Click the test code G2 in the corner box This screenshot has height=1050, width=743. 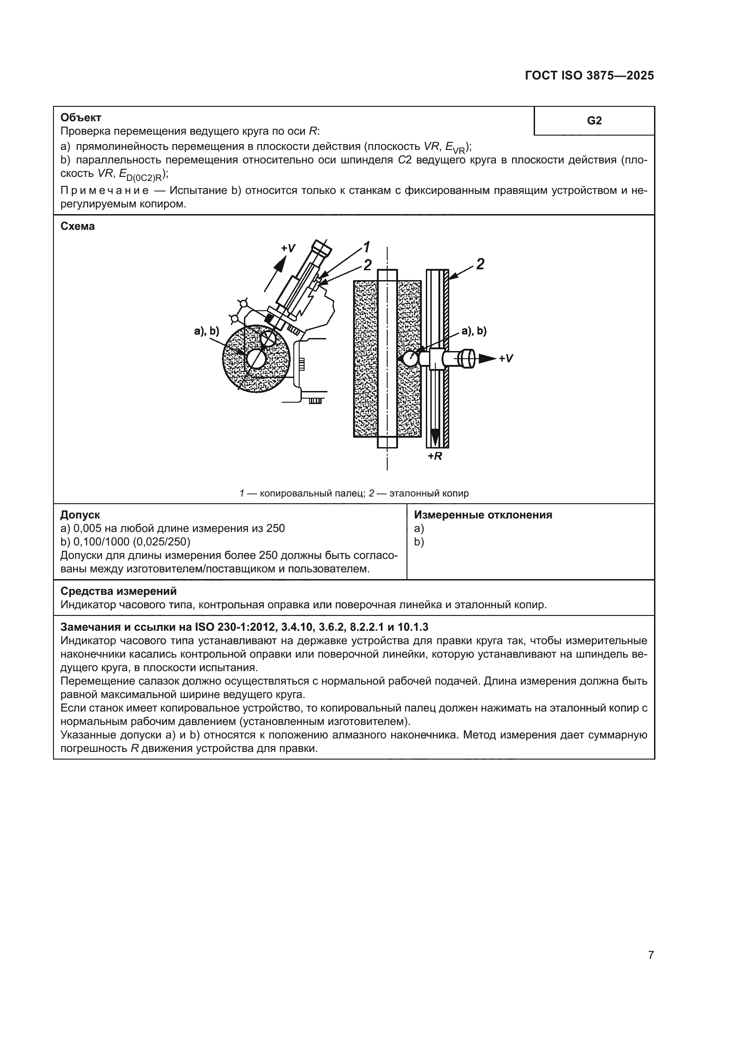594,121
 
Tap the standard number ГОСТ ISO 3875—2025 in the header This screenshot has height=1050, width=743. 589,76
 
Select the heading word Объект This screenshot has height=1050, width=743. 81,118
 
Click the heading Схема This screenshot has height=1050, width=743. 77,226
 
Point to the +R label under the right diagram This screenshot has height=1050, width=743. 435,457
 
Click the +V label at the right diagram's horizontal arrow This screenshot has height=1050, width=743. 505,358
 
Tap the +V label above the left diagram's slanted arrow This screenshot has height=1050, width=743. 288,248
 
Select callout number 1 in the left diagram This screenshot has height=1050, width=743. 367,247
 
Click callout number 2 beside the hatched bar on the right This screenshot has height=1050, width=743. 480,264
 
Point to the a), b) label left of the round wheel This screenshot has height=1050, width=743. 207,332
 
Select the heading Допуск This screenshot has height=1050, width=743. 80,515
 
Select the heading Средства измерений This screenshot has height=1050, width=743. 119,591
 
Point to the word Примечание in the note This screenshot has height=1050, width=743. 104,191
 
